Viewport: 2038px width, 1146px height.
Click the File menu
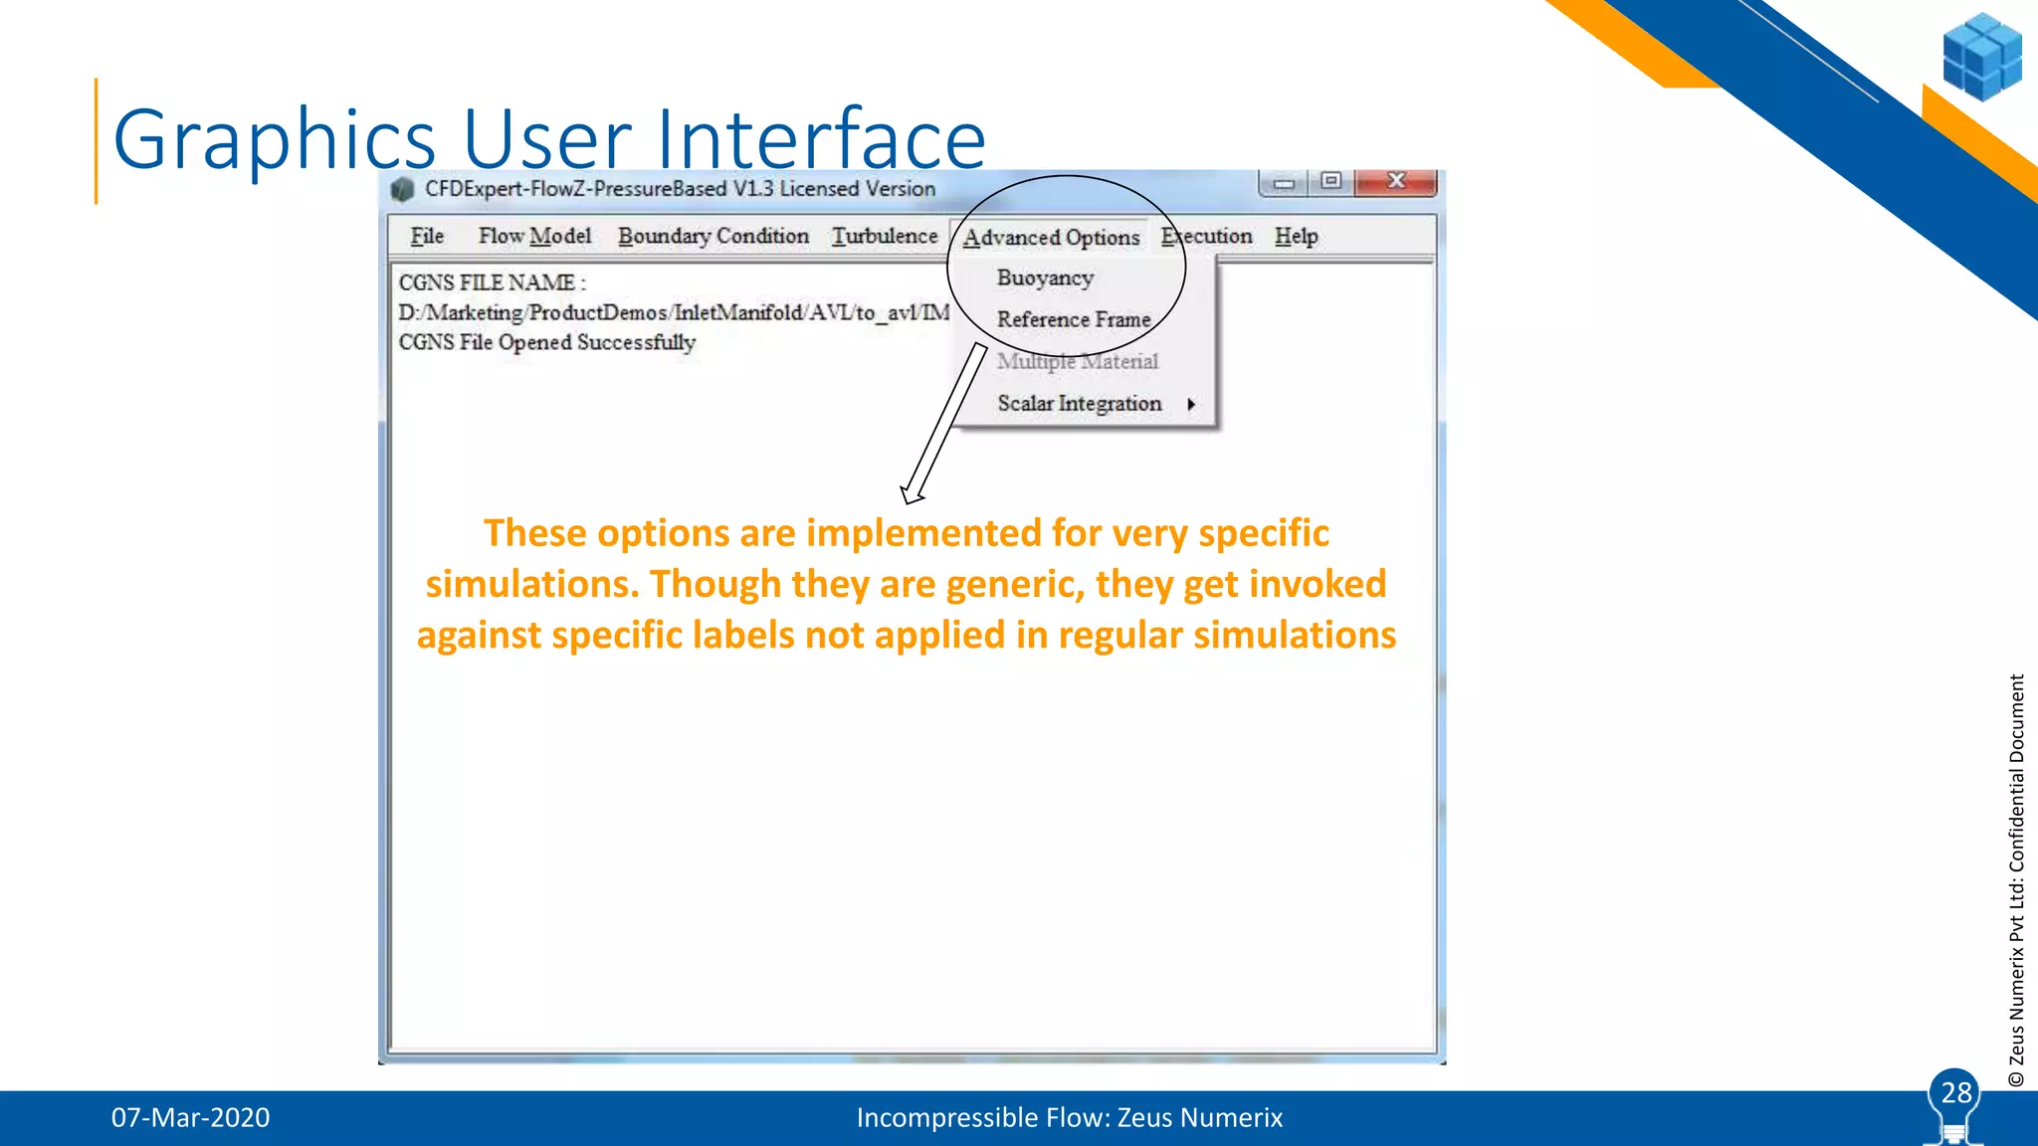[x=427, y=237]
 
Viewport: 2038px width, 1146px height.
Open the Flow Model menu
[x=534, y=237]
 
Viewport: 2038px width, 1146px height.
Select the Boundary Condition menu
[x=713, y=237]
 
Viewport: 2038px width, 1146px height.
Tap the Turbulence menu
[x=885, y=237]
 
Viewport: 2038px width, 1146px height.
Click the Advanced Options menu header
[x=1051, y=238]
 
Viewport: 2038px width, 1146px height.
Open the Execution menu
[x=1206, y=237]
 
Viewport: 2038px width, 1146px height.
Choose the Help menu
[x=1296, y=237]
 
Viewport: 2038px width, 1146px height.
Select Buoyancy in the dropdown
[x=1045, y=279]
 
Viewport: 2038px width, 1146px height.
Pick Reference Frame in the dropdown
[x=1074, y=320]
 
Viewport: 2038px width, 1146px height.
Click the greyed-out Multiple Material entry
[x=1078, y=362]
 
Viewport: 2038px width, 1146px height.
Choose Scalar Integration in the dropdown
[x=1079, y=404]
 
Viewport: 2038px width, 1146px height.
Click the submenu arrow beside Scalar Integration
[x=1191, y=404]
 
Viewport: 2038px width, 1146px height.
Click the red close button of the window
[x=1396, y=181]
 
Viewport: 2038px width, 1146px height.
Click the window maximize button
[x=1331, y=181]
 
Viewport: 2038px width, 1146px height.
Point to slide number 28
[x=1955, y=1093]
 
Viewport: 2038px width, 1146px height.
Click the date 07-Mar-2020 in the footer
[x=190, y=1118]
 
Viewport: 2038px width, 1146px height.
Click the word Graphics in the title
[x=275, y=139]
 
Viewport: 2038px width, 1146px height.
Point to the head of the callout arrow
[x=910, y=494]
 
